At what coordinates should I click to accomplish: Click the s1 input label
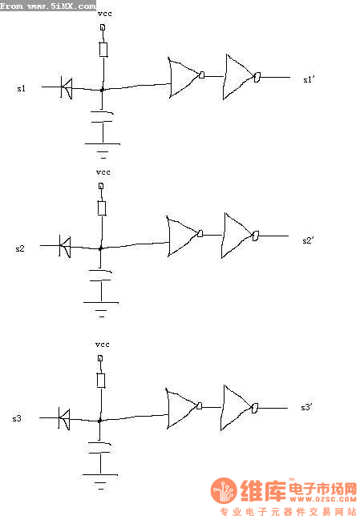[x=21, y=89]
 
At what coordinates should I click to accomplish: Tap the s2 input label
[x=20, y=248]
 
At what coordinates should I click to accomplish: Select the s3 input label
[x=17, y=418]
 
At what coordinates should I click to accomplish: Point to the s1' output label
[x=309, y=79]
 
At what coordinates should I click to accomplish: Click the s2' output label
[x=308, y=240]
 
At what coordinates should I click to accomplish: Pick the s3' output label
[x=307, y=407]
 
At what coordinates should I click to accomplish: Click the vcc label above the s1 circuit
[x=105, y=14]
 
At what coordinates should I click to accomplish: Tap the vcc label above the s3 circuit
[x=102, y=345]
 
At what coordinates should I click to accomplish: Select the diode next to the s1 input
[x=67, y=87]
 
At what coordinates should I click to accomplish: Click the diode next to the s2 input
[x=65, y=247]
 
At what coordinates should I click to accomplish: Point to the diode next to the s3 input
[x=64, y=418]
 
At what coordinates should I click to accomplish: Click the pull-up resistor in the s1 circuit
[x=103, y=50]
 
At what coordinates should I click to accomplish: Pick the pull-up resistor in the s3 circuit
[x=101, y=381]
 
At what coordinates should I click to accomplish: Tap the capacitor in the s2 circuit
[x=100, y=276]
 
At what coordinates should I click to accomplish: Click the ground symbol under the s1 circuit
[x=103, y=149]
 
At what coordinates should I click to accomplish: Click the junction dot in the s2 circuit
[x=100, y=248]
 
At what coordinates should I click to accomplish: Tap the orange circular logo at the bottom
[x=224, y=490]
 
